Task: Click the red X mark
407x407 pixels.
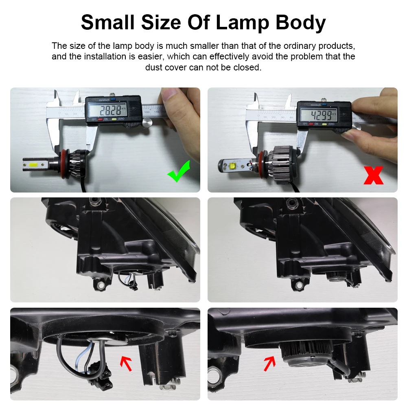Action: coord(373,174)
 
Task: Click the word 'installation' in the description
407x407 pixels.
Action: coord(108,57)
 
